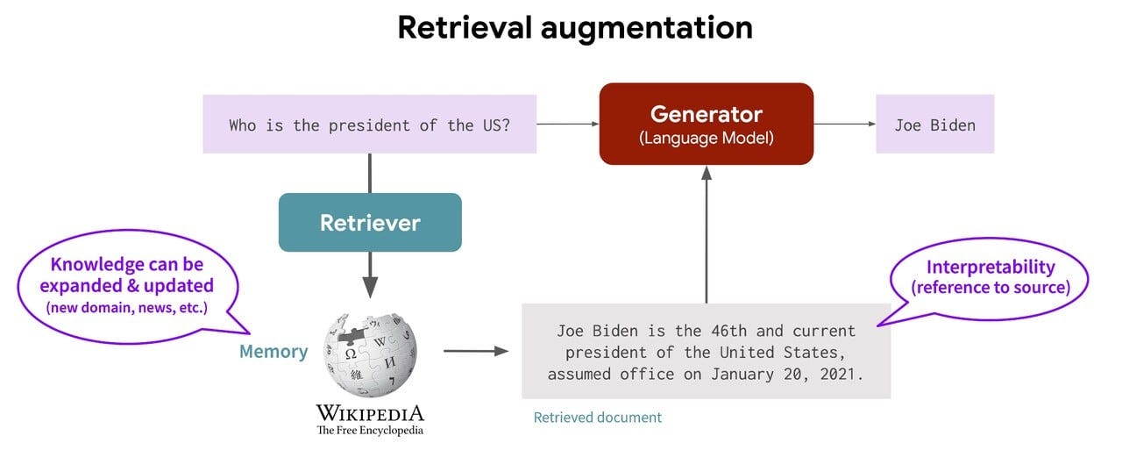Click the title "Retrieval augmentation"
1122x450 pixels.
click(x=574, y=27)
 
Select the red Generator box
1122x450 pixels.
click(x=706, y=124)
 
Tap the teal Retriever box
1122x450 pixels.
click(x=370, y=222)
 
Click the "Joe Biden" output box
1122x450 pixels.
click(x=934, y=125)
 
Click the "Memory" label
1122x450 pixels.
click(x=273, y=352)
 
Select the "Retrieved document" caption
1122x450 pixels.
click(x=597, y=418)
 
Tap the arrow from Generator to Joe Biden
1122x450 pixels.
click(x=844, y=125)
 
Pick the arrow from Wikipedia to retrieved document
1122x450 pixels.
click(x=475, y=351)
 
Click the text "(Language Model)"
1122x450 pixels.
click(x=706, y=138)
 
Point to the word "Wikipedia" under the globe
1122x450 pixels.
click(x=370, y=413)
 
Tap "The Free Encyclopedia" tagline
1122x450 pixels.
click(x=370, y=430)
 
